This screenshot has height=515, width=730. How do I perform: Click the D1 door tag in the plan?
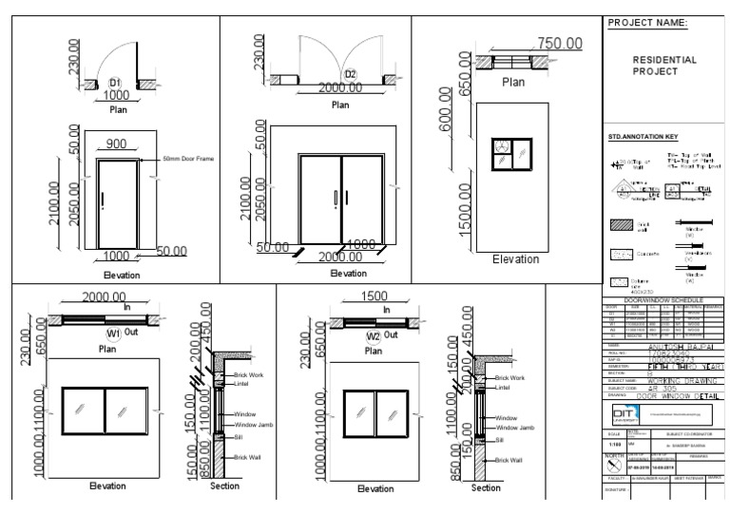tap(116, 82)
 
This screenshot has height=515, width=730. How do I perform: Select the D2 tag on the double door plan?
tap(350, 74)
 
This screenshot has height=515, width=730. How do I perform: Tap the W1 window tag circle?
tap(113, 334)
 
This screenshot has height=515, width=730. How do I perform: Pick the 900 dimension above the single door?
tap(116, 143)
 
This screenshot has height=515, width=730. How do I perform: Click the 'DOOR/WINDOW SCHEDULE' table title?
tap(664, 299)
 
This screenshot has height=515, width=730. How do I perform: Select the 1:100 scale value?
tap(614, 444)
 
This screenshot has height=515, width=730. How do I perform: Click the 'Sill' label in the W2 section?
tap(498, 440)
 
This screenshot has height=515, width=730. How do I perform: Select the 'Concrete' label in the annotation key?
tap(650, 255)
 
